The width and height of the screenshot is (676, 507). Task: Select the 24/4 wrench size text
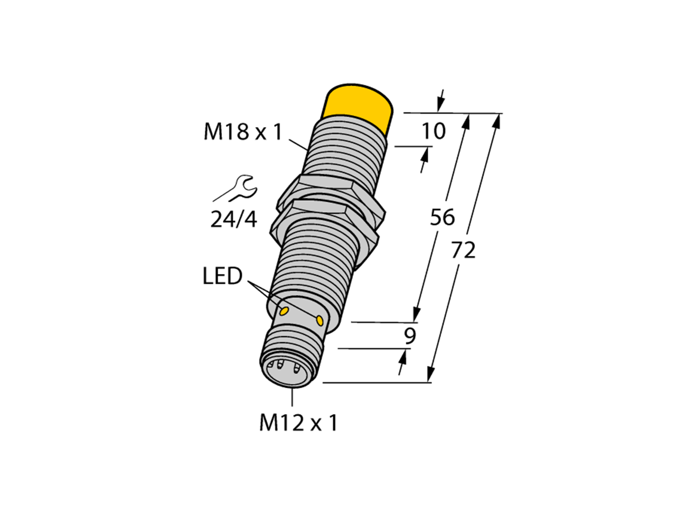233,219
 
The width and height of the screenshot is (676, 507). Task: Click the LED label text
222,276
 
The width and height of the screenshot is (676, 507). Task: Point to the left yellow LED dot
284,310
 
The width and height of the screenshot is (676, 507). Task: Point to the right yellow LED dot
320,320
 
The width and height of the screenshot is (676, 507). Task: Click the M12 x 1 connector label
298,422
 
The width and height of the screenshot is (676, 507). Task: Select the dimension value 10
433,131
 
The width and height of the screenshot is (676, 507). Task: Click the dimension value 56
442,217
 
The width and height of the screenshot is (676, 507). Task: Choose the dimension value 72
463,251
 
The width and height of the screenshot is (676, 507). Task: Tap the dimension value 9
410,336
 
